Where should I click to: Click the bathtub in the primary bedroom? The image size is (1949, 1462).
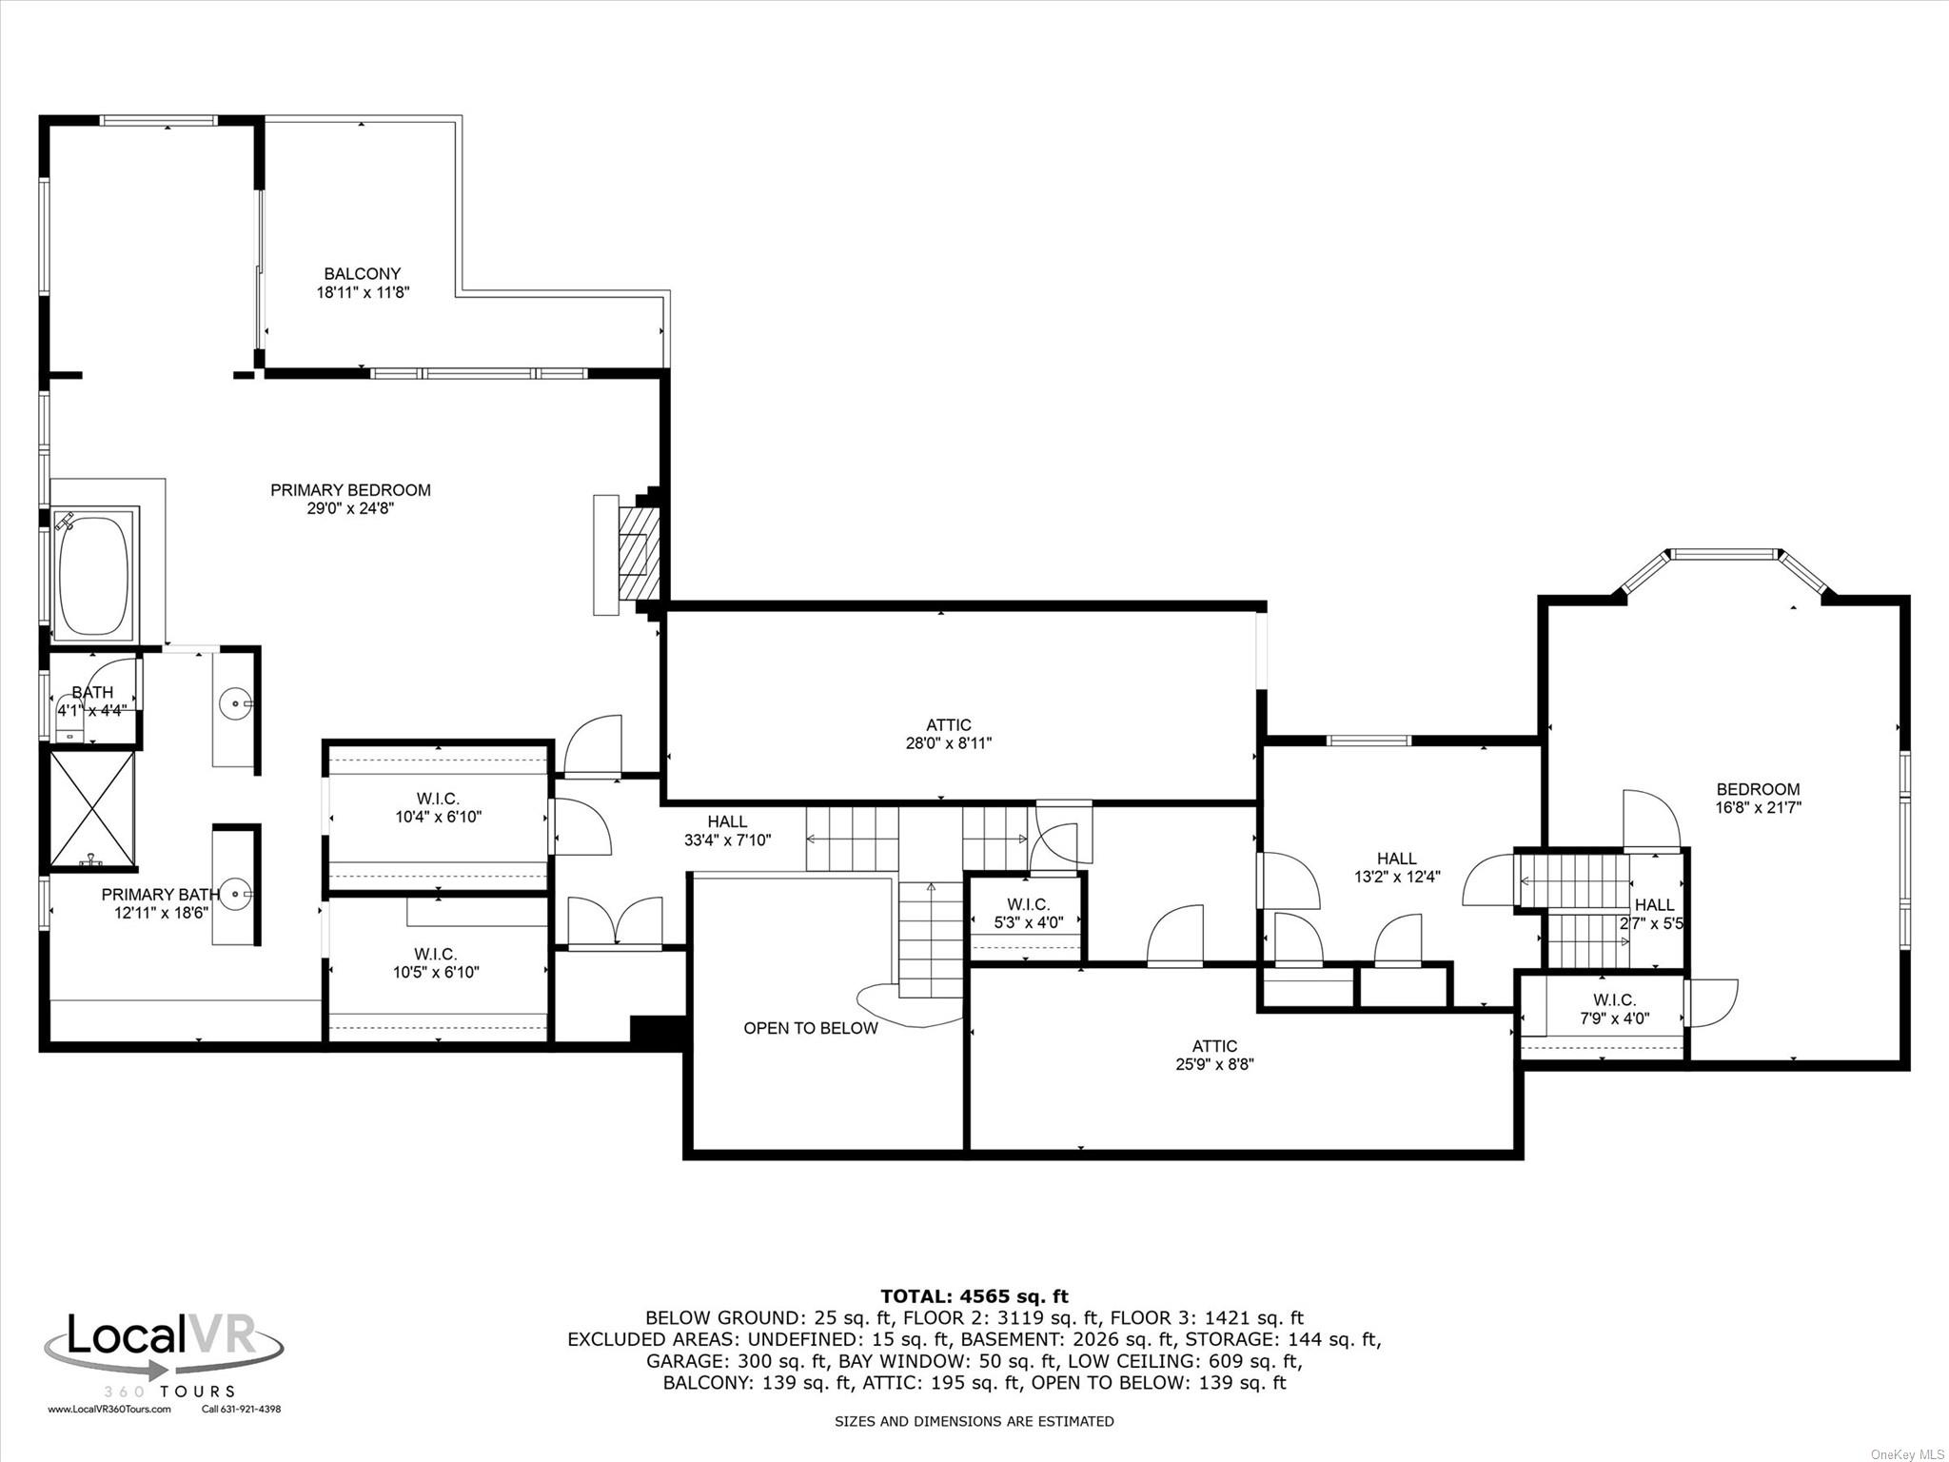pyautogui.click(x=93, y=574)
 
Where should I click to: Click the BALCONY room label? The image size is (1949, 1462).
pyautogui.click(x=363, y=274)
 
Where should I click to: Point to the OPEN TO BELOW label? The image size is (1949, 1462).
pyautogui.click(x=810, y=1028)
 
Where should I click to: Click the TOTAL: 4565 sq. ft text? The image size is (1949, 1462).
pyautogui.click(x=974, y=1295)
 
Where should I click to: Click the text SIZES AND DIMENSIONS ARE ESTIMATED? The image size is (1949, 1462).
pyautogui.click(x=974, y=1421)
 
